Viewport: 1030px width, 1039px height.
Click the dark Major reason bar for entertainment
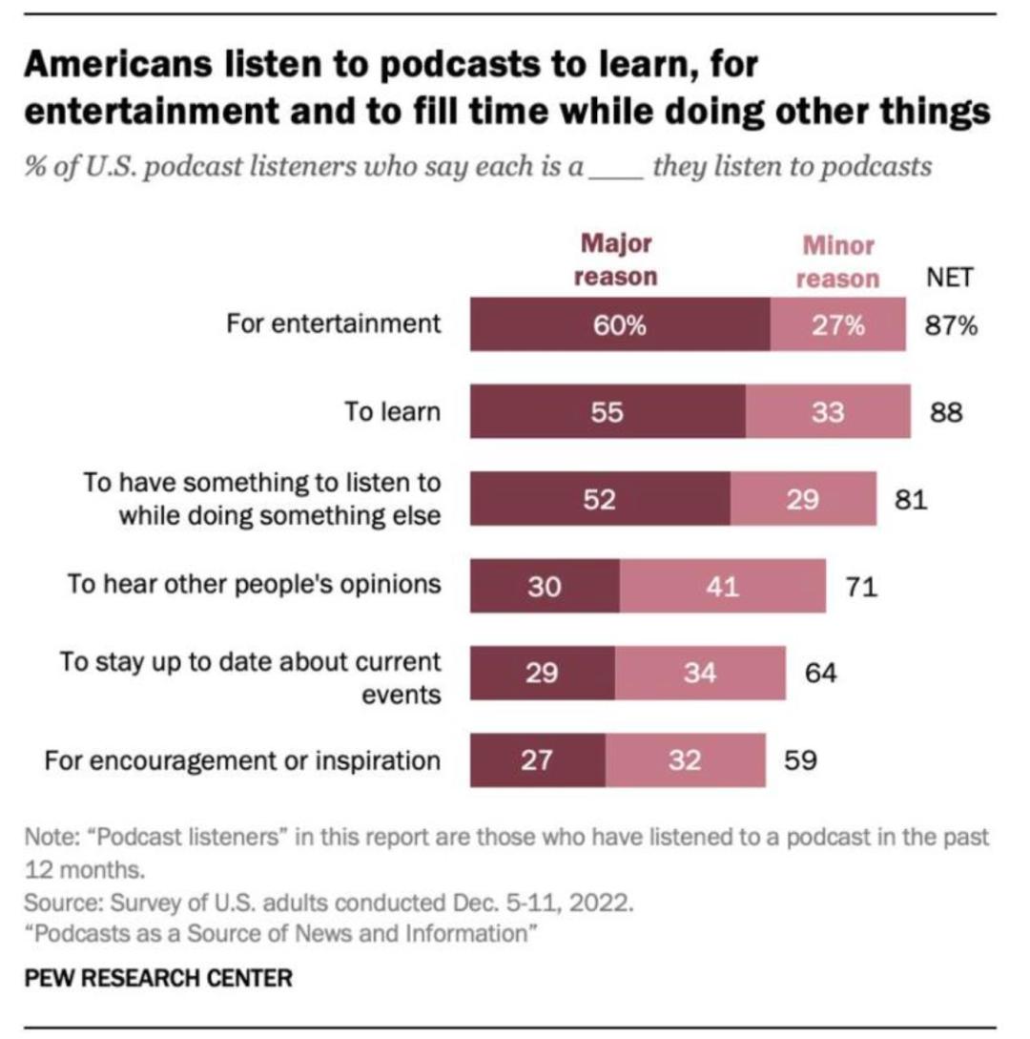pos(620,325)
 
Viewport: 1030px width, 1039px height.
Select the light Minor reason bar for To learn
pos(827,412)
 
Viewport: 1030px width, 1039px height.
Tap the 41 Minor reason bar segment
pos(722,587)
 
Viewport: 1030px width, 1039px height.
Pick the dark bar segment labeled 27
pos(538,760)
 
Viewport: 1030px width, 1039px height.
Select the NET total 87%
pos(951,325)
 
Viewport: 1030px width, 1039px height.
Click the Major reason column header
pos(616,260)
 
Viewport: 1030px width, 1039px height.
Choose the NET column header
pos(949,278)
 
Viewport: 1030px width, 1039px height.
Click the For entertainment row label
pos(334,324)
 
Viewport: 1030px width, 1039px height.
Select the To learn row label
pos(393,412)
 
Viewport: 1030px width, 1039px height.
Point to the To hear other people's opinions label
pos(255,584)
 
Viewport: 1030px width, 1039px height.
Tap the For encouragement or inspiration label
pos(242,760)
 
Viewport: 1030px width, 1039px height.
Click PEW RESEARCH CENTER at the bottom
pos(158,978)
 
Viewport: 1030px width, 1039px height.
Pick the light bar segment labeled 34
pos(700,674)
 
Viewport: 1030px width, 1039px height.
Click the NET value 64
pos(820,674)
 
